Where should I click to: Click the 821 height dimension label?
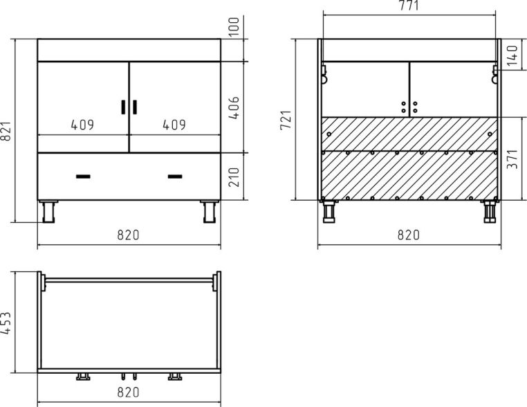coord(6,131)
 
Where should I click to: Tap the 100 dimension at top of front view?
coord(234,26)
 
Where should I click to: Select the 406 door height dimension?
coord(234,108)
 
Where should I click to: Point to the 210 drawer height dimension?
coord(234,177)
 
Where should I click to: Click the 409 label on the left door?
coord(83,125)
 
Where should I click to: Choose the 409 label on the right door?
coord(174,125)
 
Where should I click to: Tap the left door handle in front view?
coord(123,107)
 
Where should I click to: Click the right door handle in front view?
coord(135,107)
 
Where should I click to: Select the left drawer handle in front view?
coord(83,177)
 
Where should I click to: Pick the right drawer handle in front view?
coord(175,177)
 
